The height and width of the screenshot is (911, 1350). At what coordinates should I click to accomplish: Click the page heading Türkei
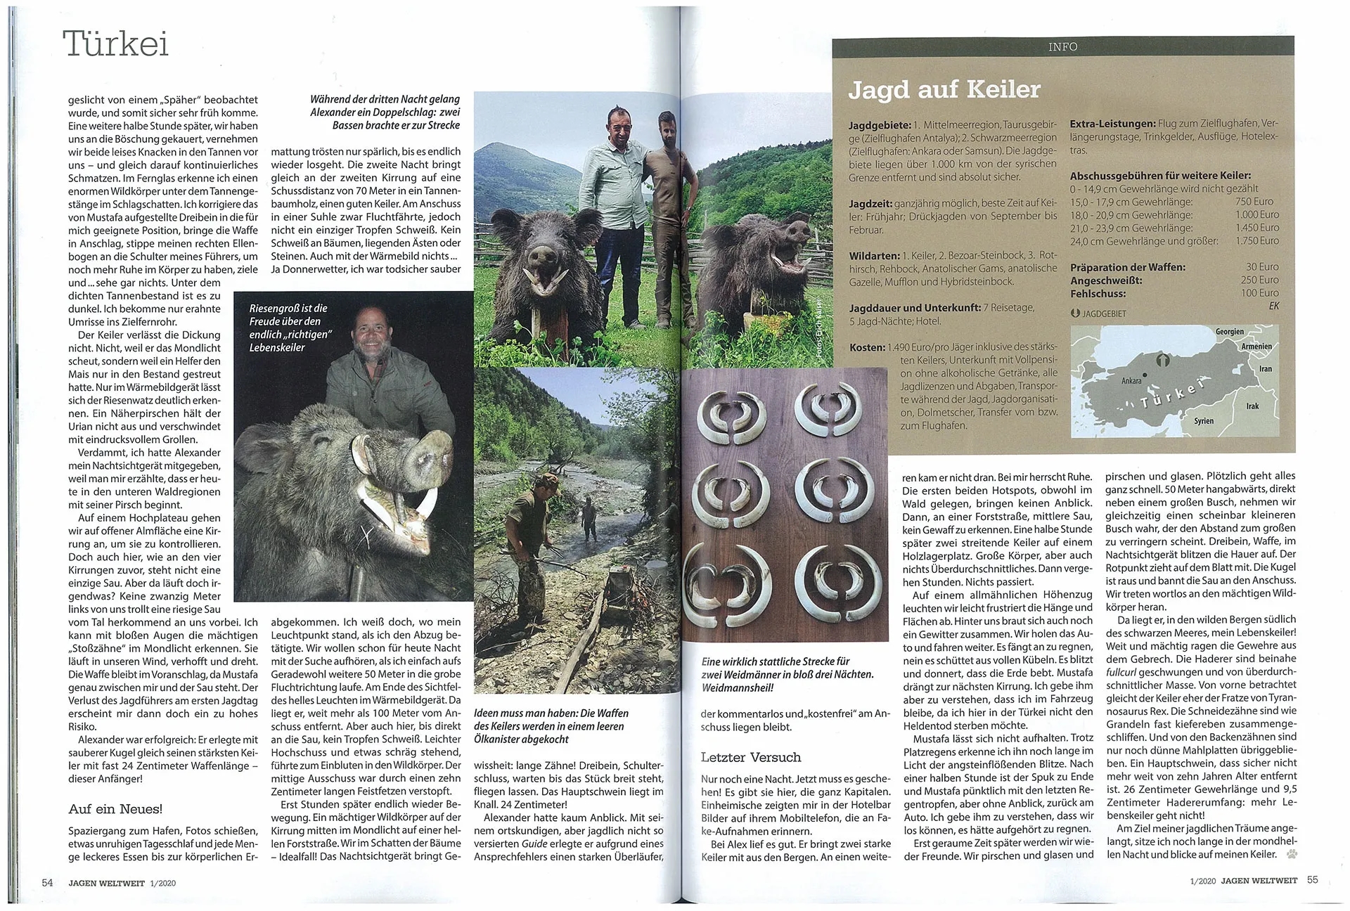point(117,44)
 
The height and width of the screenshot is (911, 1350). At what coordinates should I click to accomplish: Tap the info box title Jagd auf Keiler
point(944,90)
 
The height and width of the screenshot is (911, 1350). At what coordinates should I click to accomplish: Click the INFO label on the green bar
point(1062,46)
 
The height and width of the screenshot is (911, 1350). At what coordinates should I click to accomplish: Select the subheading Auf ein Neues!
point(115,809)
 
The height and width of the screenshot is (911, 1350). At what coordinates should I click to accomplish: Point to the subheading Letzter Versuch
point(750,757)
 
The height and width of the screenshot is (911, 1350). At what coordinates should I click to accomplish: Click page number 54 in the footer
point(47,881)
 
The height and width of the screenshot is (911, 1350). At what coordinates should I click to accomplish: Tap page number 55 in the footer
point(1313,879)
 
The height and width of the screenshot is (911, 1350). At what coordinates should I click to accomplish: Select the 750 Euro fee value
point(1264,201)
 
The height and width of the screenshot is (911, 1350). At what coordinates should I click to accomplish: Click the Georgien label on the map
point(1230,332)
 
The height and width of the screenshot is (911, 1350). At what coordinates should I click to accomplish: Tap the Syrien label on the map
point(1204,421)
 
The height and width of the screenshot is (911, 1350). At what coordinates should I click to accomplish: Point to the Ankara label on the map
point(1131,381)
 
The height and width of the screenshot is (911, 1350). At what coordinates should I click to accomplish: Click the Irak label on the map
point(1252,406)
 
